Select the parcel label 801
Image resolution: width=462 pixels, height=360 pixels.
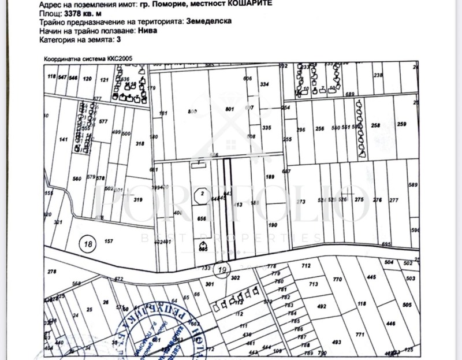229,109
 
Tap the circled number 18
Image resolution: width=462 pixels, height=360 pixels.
88,244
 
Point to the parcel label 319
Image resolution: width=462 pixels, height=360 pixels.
138,200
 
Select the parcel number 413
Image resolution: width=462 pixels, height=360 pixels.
236,205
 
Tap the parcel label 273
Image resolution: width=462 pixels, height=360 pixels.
300,202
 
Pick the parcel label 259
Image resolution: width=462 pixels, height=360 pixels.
402,125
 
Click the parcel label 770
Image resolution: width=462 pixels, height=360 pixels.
338,279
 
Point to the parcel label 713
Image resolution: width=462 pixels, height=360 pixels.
314,284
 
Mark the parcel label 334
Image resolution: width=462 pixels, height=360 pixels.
265,84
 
